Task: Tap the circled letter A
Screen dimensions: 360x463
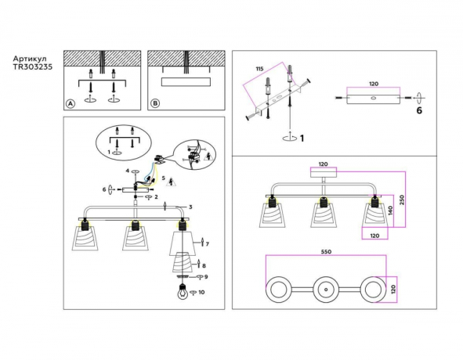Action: pyautogui.click(x=71, y=103)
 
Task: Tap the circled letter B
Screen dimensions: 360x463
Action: pyautogui.click(x=155, y=103)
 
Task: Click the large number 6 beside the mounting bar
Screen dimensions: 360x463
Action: pyautogui.click(x=419, y=113)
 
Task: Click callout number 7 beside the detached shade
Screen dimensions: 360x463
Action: pyautogui.click(x=208, y=244)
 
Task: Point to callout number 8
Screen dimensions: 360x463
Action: pyautogui.click(x=204, y=266)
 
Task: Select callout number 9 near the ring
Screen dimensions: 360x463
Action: pyautogui.click(x=207, y=276)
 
